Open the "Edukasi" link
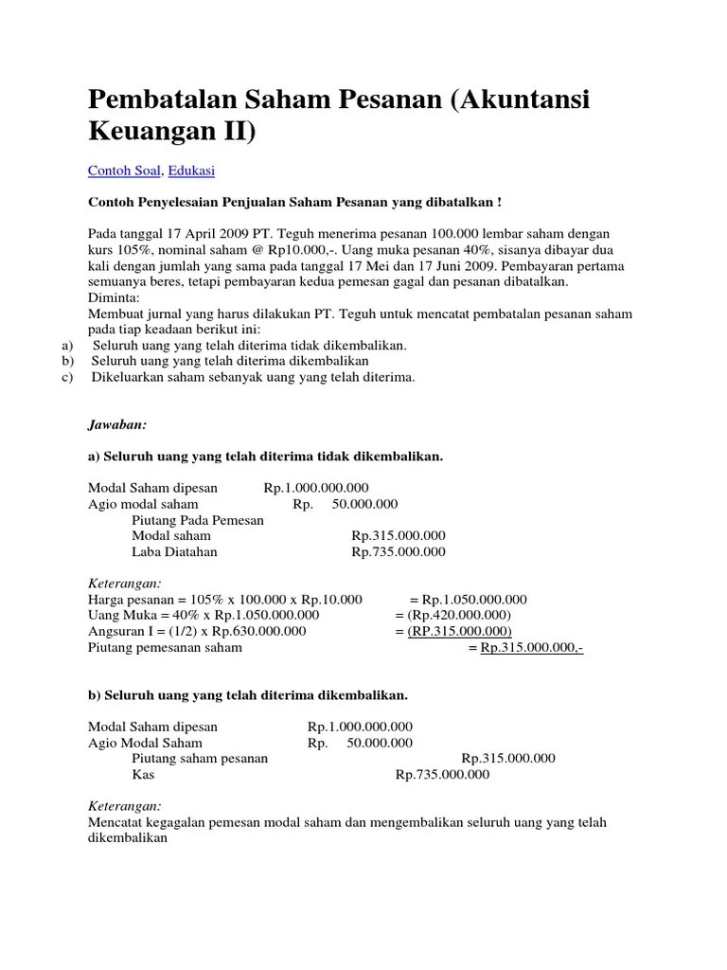click(191, 171)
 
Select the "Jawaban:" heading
click(116, 426)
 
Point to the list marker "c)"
click(67, 377)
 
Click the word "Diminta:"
click(114, 297)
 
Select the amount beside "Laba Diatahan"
click(398, 552)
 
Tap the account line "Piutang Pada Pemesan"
click(198, 520)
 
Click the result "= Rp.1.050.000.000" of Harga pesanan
click(468, 600)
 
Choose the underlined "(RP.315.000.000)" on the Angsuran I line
click(459, 632)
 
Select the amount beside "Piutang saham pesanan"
click(507, 759)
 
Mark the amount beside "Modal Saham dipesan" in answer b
click(359, 727)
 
